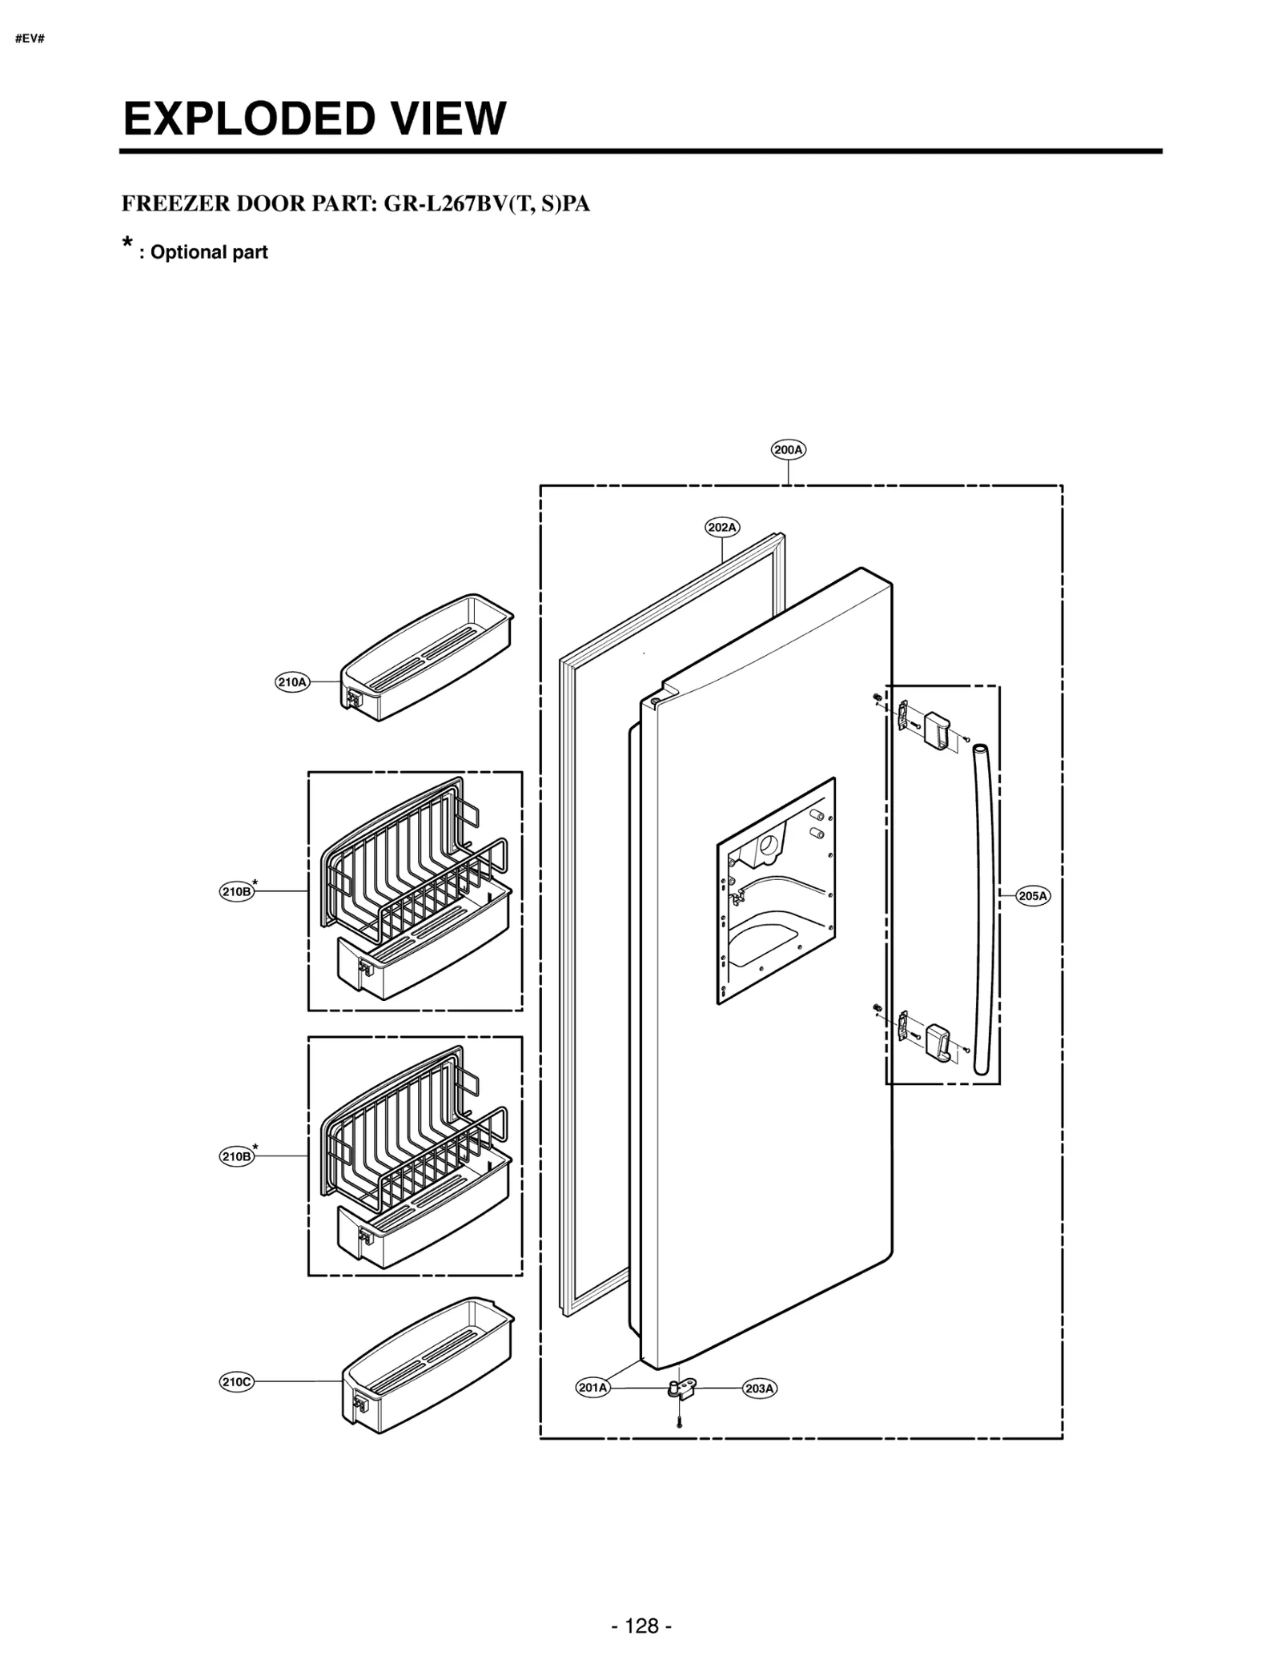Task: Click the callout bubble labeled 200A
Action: point(788,450)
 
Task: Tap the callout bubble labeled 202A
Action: point(721,527)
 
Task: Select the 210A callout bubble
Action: point(292,682)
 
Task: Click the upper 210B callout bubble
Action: point(237,891)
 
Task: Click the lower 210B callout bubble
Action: point(237,1156)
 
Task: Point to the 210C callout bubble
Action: point(237,1381)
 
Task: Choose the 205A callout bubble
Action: point(1032,896)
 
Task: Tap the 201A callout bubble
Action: point(592,1388)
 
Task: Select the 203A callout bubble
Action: point(759,1389)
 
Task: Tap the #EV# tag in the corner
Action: point(30,39)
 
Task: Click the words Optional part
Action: point(208,252)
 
